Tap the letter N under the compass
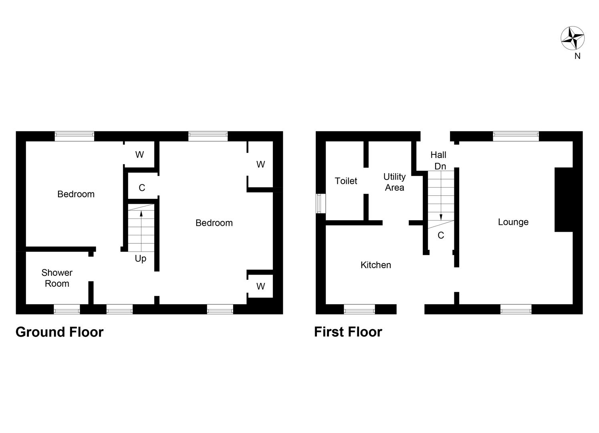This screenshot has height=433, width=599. tap(577, 57)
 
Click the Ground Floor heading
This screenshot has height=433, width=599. tap(59, 332)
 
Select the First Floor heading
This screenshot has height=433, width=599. tap(348, 332)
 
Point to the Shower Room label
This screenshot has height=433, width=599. tap(57, 278)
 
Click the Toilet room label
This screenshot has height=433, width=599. tap(346, 181)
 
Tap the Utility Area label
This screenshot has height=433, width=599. tap(394, 182)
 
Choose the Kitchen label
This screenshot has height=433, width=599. tap(375, 265)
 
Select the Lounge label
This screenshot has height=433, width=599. tap(513, 222)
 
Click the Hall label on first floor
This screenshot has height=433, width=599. tap(438, 155)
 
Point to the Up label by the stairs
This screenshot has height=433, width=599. tap(140, 259)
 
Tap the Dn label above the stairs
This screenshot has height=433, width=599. tap(440, 166)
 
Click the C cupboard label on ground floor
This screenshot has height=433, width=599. tap(142, 188)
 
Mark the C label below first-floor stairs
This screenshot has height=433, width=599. tap(441, 235)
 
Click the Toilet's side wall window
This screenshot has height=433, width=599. tap(321, 204)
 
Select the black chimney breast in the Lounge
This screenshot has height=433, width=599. tap(563, 200)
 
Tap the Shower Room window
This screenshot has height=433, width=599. tap(67, 309)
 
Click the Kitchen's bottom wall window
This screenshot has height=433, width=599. tap(359, 309)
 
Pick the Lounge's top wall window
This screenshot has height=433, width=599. tap(516, 136)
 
